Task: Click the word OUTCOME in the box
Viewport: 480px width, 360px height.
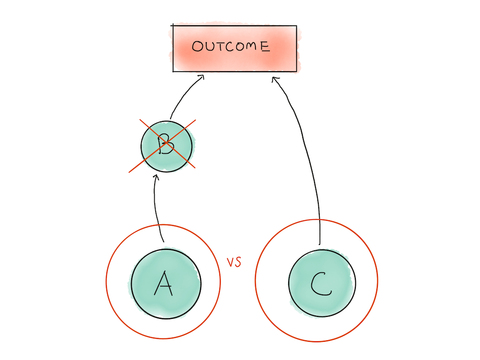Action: point(231,46)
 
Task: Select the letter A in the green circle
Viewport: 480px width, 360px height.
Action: point(164,283)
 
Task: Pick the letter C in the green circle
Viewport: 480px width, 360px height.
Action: point(321,284)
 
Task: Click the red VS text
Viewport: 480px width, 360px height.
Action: point(234,262)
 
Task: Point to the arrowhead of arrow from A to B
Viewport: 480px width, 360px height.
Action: point(156,177)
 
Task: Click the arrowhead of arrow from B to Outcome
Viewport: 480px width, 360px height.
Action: point(201,77)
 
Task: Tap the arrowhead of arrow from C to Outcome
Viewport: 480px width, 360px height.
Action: point(275,80)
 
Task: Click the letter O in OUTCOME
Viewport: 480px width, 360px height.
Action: point(198,46)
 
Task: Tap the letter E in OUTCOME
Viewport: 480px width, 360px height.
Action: point(265,46)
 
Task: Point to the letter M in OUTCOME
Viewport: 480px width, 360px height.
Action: point(251,46)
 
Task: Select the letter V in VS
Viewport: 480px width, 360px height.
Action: point(230,262)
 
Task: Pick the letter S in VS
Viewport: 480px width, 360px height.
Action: point(238,262)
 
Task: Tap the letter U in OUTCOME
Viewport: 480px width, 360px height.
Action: point(210,46)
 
